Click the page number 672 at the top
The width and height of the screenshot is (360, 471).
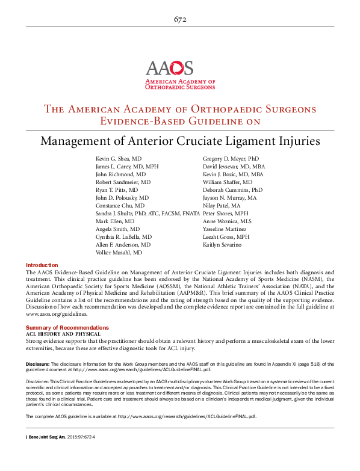coord(179,20)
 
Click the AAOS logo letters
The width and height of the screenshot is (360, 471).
coord(169,68)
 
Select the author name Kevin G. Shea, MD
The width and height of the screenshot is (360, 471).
coord(119,158)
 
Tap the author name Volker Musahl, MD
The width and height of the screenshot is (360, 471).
coord(119,253)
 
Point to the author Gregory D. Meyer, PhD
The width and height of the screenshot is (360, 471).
coord(231,158)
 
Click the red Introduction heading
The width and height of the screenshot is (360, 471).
coord(42,265)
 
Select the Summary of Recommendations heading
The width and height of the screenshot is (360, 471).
coord(62,327)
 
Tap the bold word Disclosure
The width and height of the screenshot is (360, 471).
coord(38,364)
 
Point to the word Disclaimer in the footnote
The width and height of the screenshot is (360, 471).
coord(39,381)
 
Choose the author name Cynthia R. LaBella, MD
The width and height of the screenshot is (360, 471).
coord(123,237)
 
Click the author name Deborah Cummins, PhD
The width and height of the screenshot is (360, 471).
coord(232,189)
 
